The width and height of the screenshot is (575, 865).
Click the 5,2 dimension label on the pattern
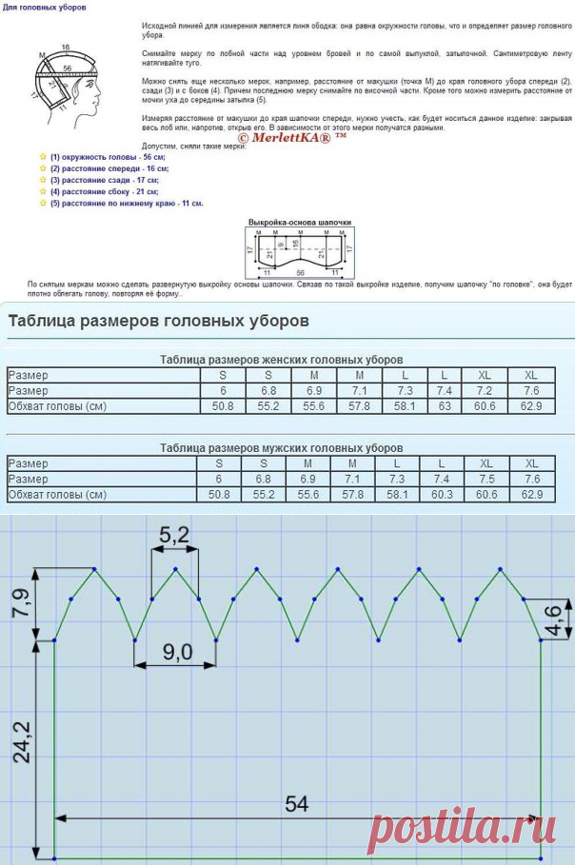point(174,536)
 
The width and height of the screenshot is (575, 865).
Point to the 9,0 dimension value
point(178,652)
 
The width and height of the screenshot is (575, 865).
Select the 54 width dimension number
point(297,803)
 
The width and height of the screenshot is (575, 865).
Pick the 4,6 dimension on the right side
point(561,619)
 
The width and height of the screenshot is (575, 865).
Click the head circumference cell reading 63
point(444,406)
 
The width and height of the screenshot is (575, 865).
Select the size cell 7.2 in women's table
point(486,391)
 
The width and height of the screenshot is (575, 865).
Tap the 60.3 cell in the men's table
point(444,495)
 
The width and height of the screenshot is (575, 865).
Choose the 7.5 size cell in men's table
point(486,479)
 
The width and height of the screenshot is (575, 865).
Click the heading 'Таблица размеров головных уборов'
point(158,321)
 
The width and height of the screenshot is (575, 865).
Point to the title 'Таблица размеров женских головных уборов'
point(281,360)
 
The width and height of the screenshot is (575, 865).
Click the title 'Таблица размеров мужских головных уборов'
point(281,447)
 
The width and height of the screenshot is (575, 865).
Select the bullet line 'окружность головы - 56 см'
point(107,156)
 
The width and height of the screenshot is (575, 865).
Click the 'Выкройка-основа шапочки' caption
point(300,222)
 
